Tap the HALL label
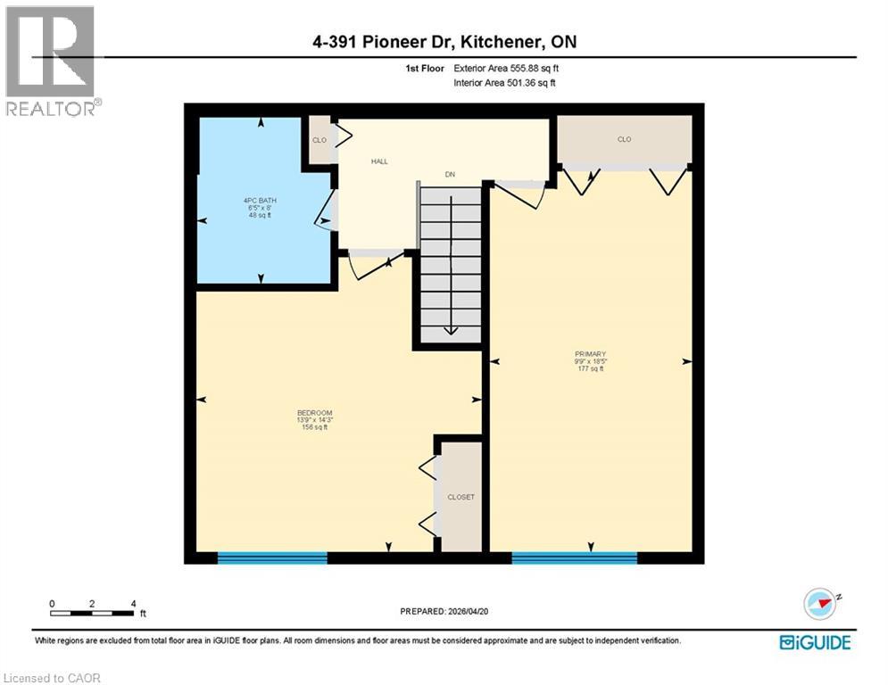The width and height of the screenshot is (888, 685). tap(379, 161)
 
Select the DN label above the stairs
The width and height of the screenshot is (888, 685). tap(451, 175)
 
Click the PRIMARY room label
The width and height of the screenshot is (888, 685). tap(590, 354)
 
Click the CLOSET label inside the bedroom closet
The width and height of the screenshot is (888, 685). tap(461, 497)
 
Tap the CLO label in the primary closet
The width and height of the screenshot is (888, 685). tap(624, 139)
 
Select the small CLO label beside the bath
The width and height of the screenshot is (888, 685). tap(319, 140)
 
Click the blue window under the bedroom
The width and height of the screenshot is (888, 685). tap(272, 558)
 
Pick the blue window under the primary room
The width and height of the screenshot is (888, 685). tap(574, 558)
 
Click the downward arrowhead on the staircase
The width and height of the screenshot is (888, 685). tap(451, 331)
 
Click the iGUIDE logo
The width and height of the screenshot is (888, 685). tap(815, 642)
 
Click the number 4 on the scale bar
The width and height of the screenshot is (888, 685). tap(133, 604)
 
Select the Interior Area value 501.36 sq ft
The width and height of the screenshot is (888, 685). tap(533, 84)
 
